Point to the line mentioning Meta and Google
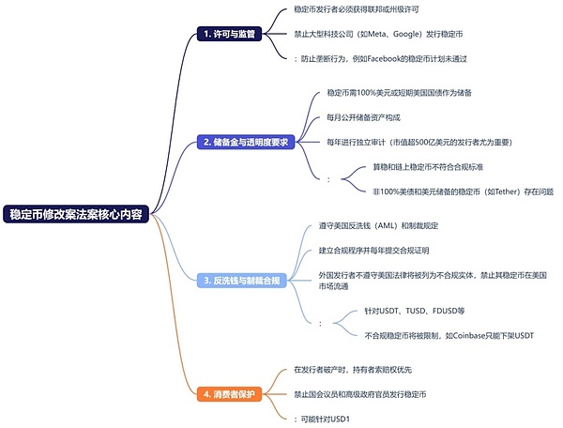377,34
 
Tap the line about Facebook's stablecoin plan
384,58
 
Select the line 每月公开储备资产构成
364,118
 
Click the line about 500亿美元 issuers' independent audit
418,143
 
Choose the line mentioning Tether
463,191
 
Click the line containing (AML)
379,226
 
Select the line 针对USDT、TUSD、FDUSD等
414,311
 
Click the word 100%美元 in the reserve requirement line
369,94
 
